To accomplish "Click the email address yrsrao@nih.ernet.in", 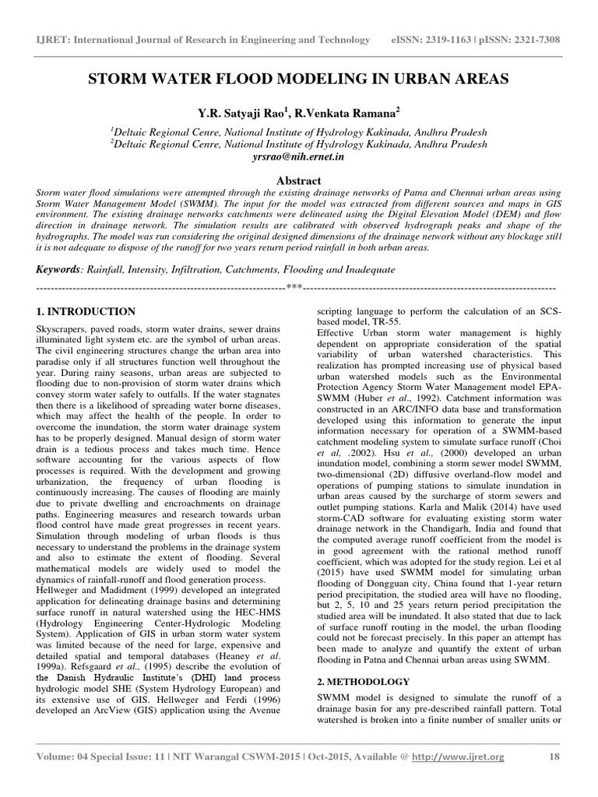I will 299,156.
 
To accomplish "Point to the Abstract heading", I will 299,180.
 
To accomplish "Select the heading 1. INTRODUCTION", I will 86,311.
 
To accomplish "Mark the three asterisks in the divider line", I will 294,288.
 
